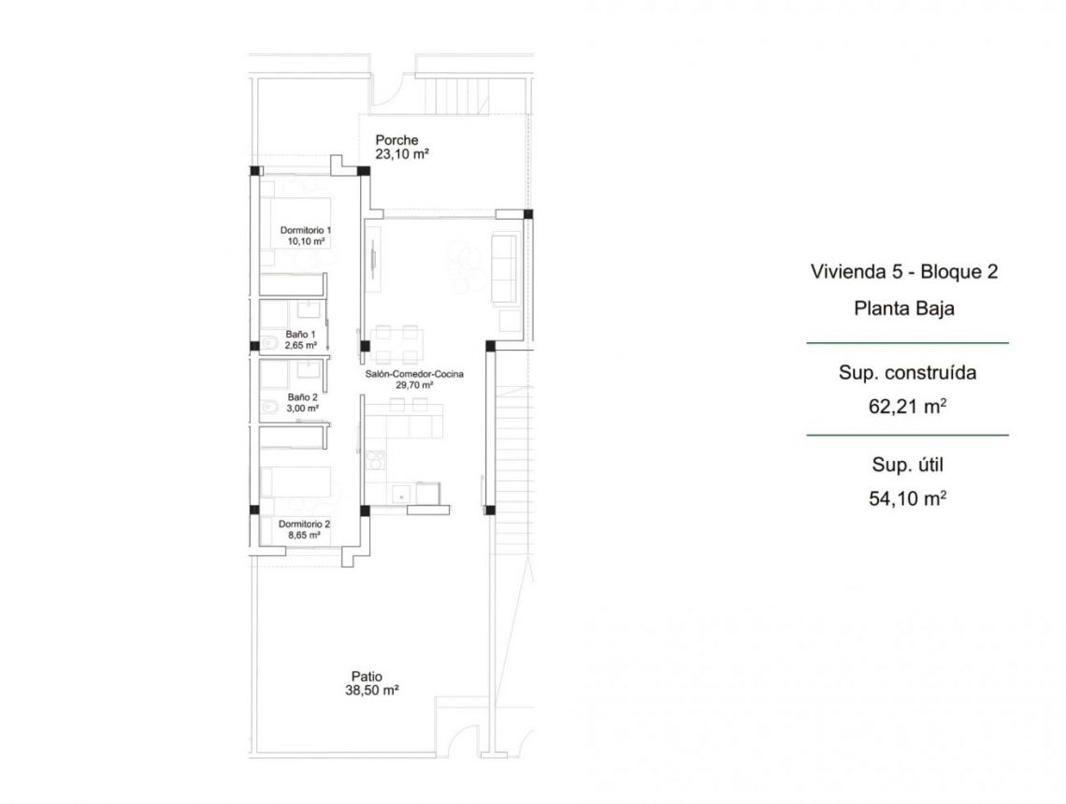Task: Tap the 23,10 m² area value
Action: [401, 155]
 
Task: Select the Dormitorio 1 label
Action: [306, 229]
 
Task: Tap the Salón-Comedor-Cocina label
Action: [414, 374]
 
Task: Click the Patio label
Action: [367, 677]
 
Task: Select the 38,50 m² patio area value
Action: [372, 691]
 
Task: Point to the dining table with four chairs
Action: [396, 343]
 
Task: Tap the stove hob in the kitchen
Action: [375, 459]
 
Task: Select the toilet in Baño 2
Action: [266, 407]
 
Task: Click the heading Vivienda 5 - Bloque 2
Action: [904, 272]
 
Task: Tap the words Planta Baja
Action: [904, 309]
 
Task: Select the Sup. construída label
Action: [907, 373]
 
